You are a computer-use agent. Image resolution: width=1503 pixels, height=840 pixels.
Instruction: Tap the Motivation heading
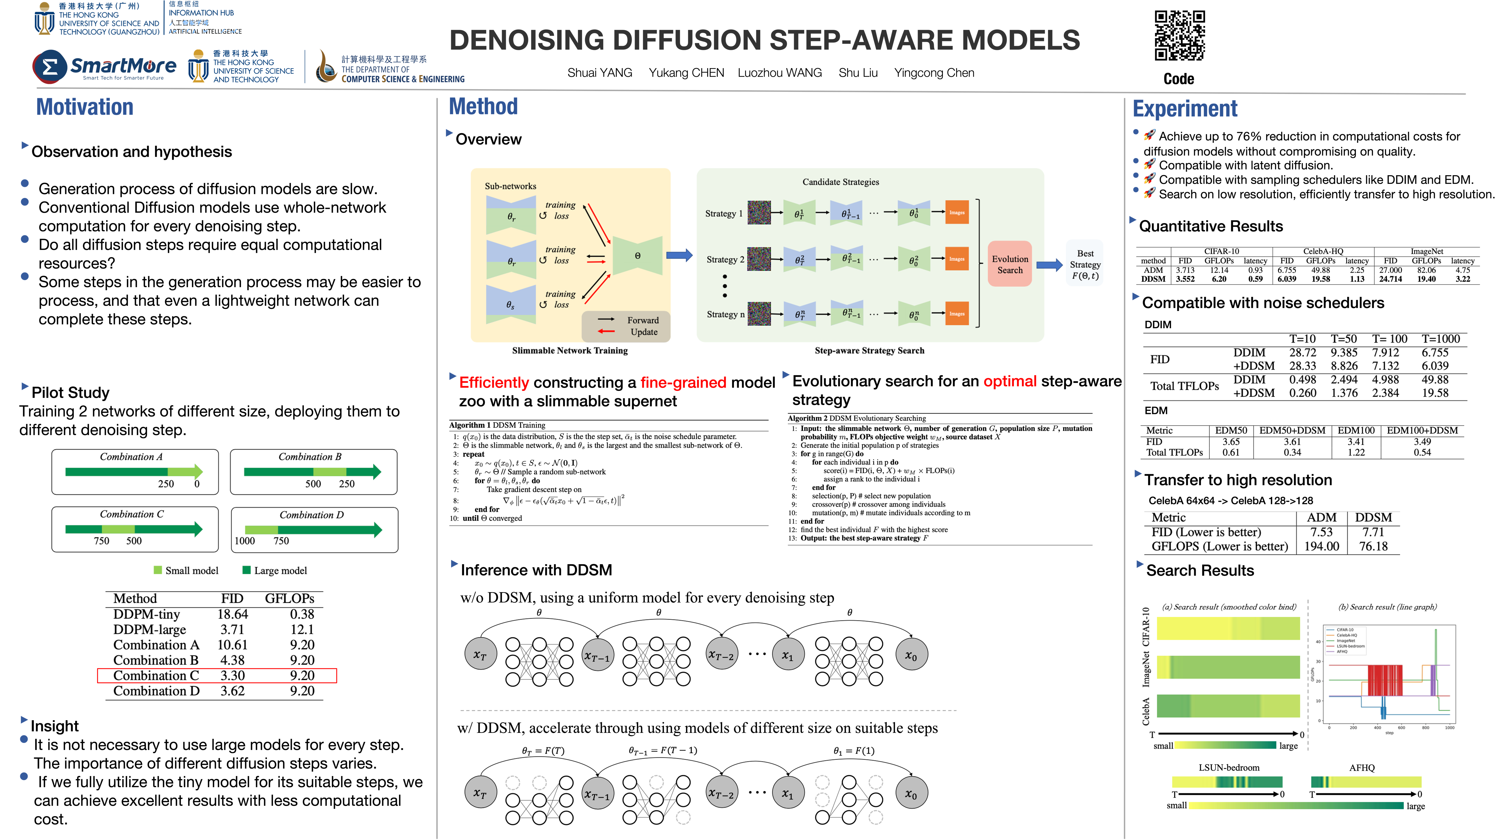tap(85, 107)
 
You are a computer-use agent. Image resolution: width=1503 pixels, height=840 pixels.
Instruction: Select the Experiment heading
tap(1184, 109)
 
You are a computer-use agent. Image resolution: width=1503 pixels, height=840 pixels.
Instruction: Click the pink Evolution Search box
tap(1010, 264)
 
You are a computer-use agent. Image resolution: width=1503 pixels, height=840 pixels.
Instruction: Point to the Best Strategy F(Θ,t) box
tap(1085, 264)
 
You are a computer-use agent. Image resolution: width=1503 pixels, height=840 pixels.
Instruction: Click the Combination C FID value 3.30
tap(232, 675)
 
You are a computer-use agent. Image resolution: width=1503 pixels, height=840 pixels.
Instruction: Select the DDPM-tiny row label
tap(146, 614)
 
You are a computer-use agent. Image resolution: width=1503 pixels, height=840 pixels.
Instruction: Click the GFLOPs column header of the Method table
tap(289, 599)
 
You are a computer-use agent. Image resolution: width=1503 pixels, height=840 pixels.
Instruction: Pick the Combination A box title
tap(131, 457)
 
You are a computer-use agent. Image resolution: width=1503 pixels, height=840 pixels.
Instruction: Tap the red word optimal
tap(1010, 381)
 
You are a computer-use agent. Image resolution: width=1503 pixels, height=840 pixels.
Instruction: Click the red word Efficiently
tap(494, 383)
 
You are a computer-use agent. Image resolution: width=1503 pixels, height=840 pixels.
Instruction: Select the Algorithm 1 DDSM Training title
tap(497, 425)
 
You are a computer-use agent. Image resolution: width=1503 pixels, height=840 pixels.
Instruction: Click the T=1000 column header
tap(1440, 339)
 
